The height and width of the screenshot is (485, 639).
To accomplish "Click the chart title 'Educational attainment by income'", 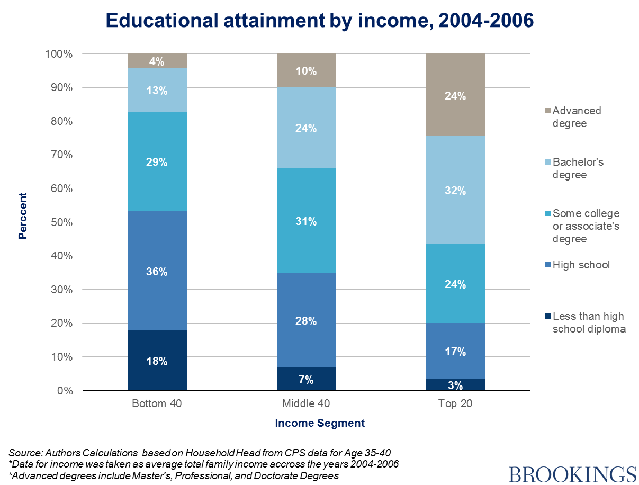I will [x=319, y=20].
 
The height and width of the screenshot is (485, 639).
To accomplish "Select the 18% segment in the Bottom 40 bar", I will [x=157, y=361].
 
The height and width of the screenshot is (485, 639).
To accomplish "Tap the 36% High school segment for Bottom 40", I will [x=157, y=271].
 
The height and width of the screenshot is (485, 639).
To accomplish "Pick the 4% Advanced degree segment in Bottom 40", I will [x=157, y=61].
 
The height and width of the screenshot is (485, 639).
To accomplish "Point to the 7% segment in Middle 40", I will [x=306, y=379].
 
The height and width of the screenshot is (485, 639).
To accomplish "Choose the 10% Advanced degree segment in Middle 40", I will [x=306, y=71].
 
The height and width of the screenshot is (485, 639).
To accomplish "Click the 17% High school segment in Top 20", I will [x=455, y=351].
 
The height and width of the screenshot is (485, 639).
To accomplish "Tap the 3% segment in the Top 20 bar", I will [x=455, y=385].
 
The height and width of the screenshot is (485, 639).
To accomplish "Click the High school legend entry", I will [x=581, y=265].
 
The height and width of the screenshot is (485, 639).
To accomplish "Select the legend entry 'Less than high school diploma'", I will [x=588, y=322].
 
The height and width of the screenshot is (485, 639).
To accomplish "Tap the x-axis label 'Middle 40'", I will [x=305, y=404].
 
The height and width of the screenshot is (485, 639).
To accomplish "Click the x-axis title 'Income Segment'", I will [x=320, y=423].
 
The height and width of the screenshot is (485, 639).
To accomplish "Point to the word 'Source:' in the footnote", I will [x=25, y=453].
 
